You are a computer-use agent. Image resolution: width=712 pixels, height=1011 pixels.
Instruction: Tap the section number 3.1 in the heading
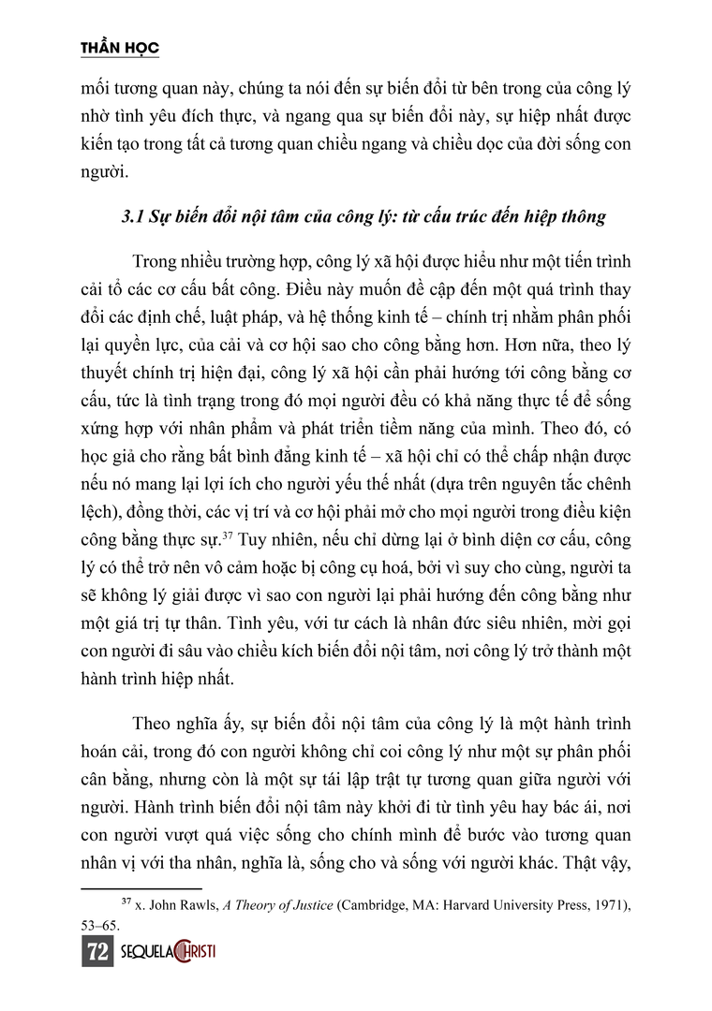[134, 217]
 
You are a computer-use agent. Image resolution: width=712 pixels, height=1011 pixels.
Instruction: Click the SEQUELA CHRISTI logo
[169, 953]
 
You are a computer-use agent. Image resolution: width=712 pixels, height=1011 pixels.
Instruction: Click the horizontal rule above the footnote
[141, 886]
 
